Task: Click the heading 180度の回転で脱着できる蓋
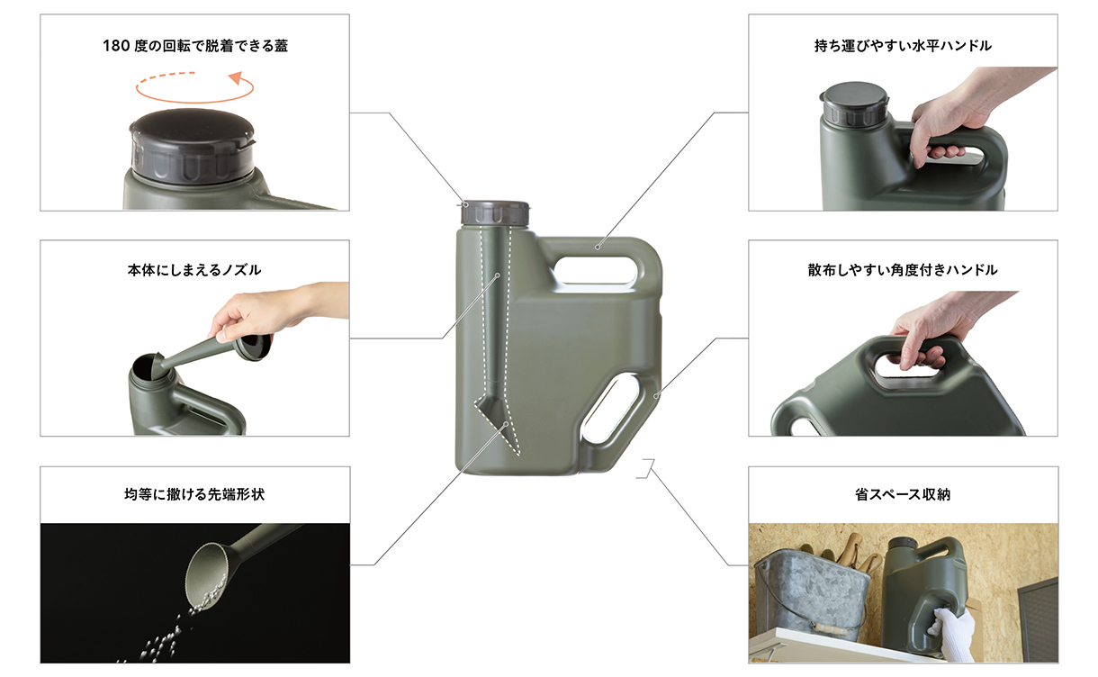195,46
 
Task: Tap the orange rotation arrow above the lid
195,87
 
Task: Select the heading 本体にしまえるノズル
194,269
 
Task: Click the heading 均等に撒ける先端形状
194,494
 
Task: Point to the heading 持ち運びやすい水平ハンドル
903,45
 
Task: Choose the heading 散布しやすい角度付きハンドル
903,269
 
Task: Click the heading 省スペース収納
903,494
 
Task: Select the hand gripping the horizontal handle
945,126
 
